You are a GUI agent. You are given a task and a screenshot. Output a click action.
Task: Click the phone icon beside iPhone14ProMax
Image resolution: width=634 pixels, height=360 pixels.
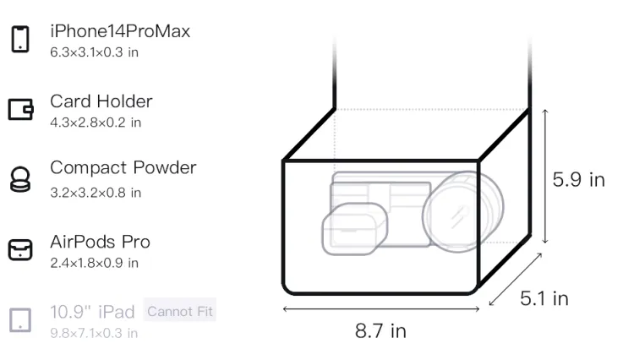pos(20,39)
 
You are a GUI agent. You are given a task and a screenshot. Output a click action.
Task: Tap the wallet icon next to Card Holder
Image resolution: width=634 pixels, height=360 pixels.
pos(20,109)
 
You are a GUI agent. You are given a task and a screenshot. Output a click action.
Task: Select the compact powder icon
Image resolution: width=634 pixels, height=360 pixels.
pos(20,179)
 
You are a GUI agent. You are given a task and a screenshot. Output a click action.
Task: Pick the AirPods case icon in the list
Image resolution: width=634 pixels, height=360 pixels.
pos(20,249)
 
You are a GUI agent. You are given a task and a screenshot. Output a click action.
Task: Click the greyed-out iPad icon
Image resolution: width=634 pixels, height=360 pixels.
pos(20,320)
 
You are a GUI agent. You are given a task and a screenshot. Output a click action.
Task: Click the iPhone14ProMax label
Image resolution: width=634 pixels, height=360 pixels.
pos(120,31)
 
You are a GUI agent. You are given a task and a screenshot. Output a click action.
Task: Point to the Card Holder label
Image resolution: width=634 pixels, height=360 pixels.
pos(101,101)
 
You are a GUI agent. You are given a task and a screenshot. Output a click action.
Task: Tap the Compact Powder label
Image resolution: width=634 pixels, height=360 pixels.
pos(123,167)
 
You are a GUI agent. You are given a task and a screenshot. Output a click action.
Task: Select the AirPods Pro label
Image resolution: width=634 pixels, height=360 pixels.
pos(101,242)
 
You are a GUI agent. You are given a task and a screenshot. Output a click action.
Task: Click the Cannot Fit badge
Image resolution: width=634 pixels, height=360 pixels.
pos(180,311)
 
